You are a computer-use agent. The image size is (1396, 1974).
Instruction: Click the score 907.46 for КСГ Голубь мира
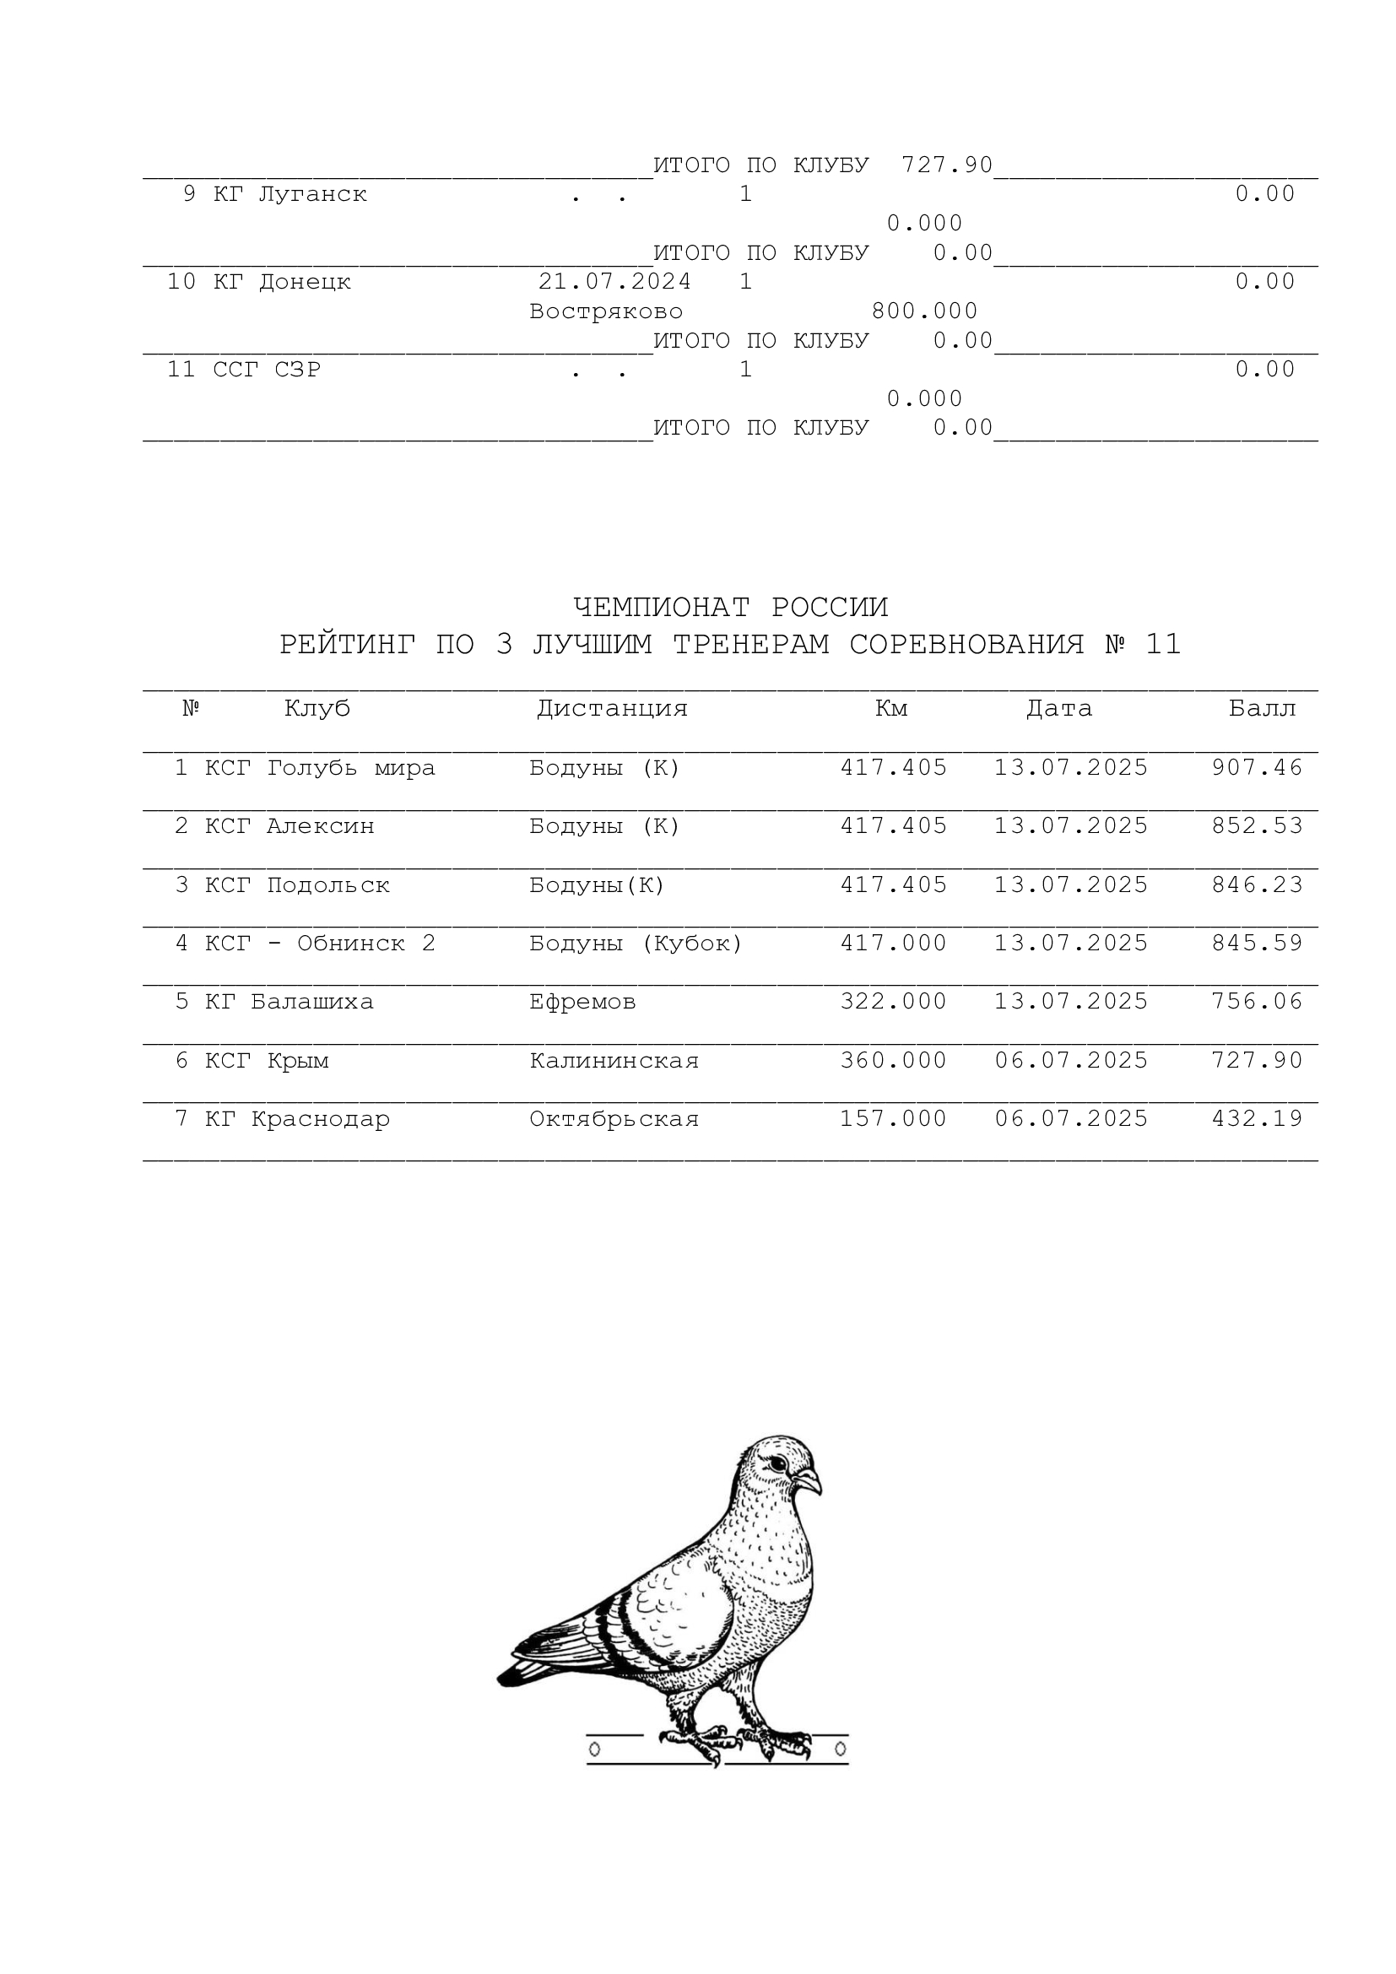click(x=1257, y=767)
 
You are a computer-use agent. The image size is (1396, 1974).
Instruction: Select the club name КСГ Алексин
click(x=289, y=825)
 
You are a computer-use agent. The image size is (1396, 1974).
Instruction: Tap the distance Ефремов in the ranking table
click(x=582, y=1001)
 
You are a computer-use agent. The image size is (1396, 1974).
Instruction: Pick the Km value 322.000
click(x=893, y=1001)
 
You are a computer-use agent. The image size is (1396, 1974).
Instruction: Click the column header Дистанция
click(x=612, y=708)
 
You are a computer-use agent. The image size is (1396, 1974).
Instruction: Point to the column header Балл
click(x=1262, y=708)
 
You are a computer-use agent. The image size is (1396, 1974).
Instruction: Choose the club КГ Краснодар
click(x=296, y=1118)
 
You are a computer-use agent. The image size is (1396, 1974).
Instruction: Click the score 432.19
click(x=1257, y=1118)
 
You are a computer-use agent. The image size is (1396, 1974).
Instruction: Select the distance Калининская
click(x=614, y=1060)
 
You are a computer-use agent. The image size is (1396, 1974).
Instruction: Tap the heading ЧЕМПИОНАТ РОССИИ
click(x=730, y=607)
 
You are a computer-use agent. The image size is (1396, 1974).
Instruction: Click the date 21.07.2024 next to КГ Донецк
click(x=614, y=281)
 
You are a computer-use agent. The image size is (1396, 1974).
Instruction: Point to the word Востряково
click(x=606, y=311)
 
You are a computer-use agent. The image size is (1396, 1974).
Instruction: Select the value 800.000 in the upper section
click(x=924, y=311)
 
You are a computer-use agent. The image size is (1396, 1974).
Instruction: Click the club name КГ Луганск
click(x=289, y=193)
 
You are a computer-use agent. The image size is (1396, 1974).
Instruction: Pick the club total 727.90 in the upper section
click(x=946, y=165)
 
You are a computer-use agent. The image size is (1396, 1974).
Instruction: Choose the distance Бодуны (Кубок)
click(x=636, y=944)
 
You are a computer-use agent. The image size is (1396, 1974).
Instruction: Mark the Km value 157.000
click(x=893, y=1118)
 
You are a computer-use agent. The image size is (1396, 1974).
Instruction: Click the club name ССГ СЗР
click(x=267, y=369)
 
